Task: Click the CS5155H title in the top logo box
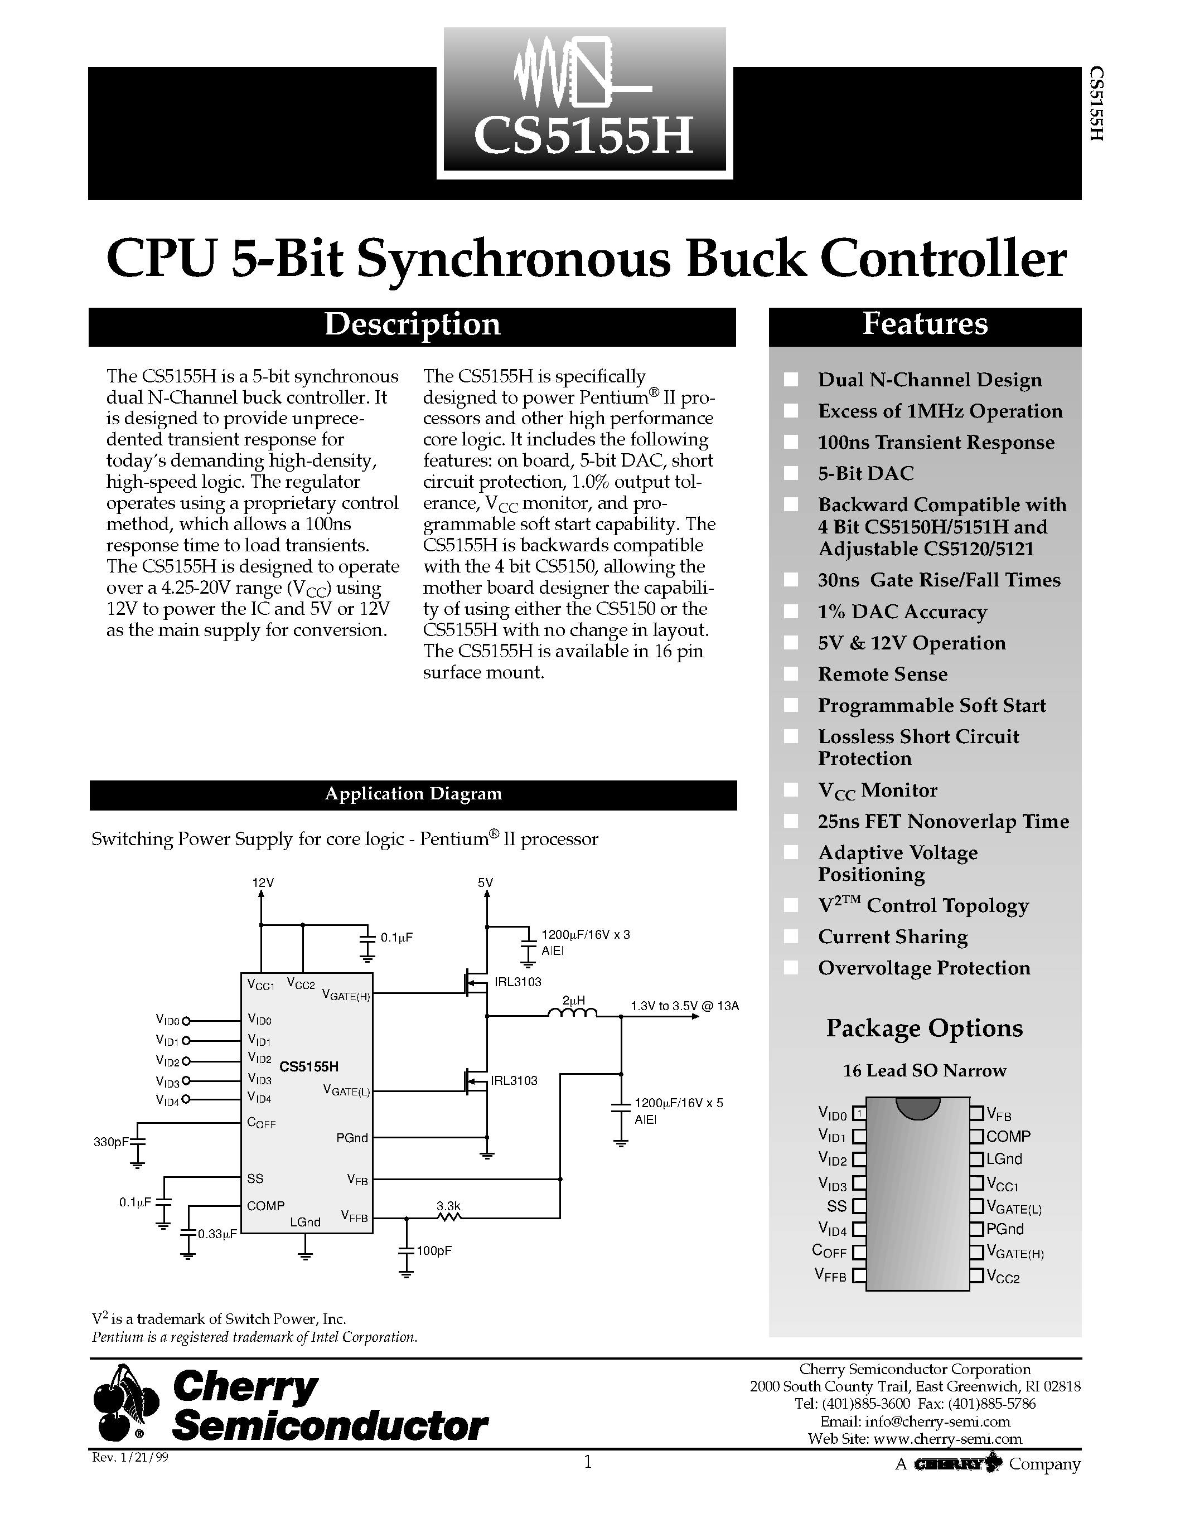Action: (x=583, y=135)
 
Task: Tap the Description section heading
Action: (x=412, y=325)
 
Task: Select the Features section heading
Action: (x=925, y=324)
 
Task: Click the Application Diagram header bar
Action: (x=413, y=794)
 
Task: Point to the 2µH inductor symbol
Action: (x=572, y=1014)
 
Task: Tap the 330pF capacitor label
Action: (x=111, y=1143)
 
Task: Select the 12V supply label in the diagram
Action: (x=263, y=883)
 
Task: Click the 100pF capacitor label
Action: (x=434, y=1251)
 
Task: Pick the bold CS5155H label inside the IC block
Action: (x=309, y=1067)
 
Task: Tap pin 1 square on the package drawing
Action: (x=859, y=1113)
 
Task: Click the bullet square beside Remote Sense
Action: (x=791, y=675)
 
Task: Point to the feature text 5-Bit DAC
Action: (x=865, y=474)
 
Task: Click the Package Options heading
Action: (x=925, y=1029)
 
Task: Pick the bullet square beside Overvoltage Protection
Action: (x=791, y=968)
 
